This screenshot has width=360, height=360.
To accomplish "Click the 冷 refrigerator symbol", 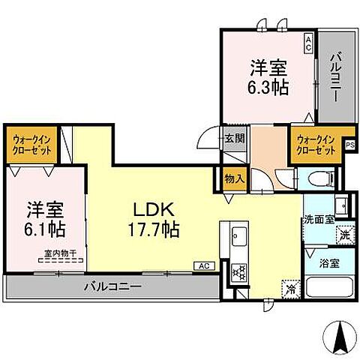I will pos(290,287).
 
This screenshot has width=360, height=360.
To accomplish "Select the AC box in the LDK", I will pos(204,265).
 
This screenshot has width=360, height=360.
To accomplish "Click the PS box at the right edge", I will pos(349,147).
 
